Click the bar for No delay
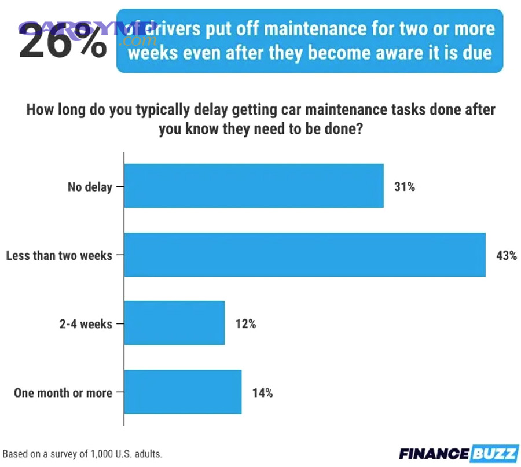coord(254,186)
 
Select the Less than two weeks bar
coord(304,255)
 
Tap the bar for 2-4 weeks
coord(174,323)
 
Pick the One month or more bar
coord(183,392)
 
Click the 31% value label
coord(404,187)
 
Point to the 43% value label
coord(506,255)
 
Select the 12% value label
coord(245,324)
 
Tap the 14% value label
coord(262,393)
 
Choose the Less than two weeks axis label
coord(59,255)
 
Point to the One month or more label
coord(63,393)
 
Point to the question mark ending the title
coord(359,129)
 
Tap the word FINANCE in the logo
coord(434,454)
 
